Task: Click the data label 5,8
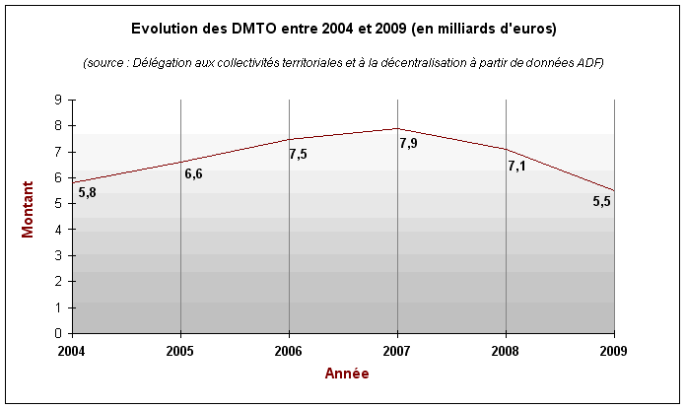pyautogui.click(x=87, y=193)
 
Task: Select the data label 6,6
pyautogui.click(x=193, y=174)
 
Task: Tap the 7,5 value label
pyautogui.click(x=298, y=154)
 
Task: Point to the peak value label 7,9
pyautogui.click(x=408, y=144)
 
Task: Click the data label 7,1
pyautogui.click(x=516, y=166)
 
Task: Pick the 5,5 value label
pyautogui.click(x=601, y=201)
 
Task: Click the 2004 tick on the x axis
pyautogui.click(x=72, y=350)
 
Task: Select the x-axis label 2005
pyautogui.click(x=180, y=350)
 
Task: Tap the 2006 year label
pyautogui.click(x=289, y=350)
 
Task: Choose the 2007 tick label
pyautogui.click(x=397, y=350)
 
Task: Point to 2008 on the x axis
pyautogui.click(x=506, y=350)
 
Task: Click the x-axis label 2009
pyautogui.click(x=613, y=350)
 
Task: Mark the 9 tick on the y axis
pyautogui.click(x=59, y=100)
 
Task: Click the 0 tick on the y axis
pyautogui.click(x=59, y=333)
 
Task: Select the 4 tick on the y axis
pyautogui.click(x=59, y=230)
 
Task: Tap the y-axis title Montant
pyautogui.click(x=29, y=215)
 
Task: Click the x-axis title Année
pyautogui.click(x=348, y=374)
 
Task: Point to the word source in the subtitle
pyautogui.click(x=107, y=62)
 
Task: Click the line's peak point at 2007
pyautogui.click(x=397, y=128)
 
